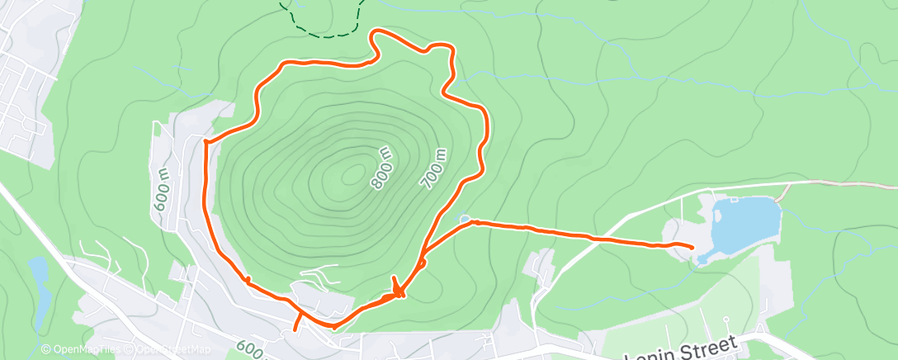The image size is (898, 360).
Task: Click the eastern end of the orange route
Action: coord(691,246)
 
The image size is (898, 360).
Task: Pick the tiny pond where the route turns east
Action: coord(466,219)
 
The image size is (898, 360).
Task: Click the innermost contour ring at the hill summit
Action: coord(353,173)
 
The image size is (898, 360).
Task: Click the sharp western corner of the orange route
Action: coord(205,141)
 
